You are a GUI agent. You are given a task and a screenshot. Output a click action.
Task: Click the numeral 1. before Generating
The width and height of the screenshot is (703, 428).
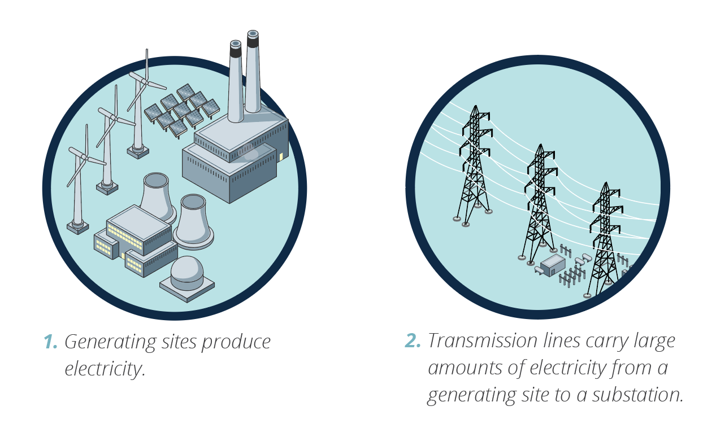[x=50, y=342]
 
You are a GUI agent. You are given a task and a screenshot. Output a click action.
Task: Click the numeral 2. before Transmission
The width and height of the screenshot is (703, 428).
[x=414, y=341]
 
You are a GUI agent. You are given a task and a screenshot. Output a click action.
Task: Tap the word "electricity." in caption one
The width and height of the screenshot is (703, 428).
[x=105, y=369]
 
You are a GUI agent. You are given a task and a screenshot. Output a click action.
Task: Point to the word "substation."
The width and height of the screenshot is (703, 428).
[x=637, y=395]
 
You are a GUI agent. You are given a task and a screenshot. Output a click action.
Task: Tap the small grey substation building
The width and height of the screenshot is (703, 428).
[x=553, y=264]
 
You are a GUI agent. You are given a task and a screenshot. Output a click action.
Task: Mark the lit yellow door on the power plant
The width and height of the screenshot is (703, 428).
[x=281, y=156]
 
